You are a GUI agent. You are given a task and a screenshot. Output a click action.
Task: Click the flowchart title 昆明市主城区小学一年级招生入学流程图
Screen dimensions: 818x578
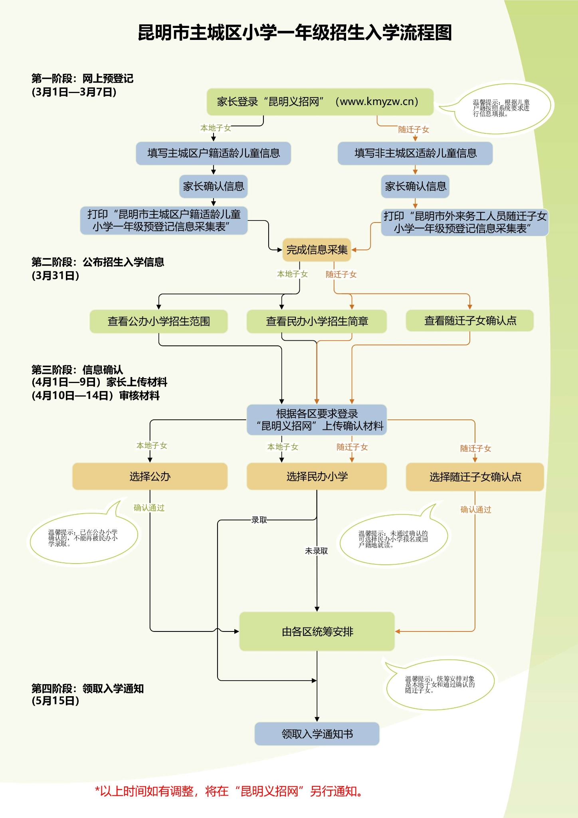point(295,33)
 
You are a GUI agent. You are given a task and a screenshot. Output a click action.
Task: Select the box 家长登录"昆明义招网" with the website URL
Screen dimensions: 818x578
point(319,102)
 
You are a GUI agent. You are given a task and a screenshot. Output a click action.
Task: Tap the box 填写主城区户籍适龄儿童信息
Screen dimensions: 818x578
point(213,153)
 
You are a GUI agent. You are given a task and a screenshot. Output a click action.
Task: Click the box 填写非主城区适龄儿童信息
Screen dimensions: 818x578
point(415,153)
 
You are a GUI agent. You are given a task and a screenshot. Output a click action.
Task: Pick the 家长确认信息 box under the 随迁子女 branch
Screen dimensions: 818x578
point(415,187)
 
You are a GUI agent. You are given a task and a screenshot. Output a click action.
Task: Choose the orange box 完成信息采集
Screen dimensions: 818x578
point(317,250)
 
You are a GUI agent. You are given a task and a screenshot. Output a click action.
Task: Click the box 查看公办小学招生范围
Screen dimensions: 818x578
point(158,321)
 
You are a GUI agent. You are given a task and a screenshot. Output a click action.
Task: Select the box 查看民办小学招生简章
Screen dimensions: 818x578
point(317,321)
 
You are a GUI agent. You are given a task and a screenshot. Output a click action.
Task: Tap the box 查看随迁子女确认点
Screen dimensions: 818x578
point(470,321)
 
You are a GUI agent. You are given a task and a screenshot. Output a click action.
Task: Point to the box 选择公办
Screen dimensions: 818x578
point(150,477)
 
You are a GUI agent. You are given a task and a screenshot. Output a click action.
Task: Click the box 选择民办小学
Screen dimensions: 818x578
point(317,477)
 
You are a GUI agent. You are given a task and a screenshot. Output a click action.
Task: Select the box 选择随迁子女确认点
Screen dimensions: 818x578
point(475,477)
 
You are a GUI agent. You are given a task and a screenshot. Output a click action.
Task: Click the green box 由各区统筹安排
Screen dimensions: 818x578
point(317,631)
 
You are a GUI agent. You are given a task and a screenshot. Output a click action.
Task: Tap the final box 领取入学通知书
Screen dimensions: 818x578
point(317,734)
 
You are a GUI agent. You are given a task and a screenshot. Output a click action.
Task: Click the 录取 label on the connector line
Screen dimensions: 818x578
point(259,520)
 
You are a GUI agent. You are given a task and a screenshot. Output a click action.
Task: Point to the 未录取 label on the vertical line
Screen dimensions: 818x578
point(316,551)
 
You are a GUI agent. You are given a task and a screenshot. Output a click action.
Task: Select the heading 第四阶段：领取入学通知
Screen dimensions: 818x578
point(87,689)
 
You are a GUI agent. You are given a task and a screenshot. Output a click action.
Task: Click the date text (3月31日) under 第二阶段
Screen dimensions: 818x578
point(55,276)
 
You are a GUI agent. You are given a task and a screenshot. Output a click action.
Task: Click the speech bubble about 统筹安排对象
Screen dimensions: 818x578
point(440,685)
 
